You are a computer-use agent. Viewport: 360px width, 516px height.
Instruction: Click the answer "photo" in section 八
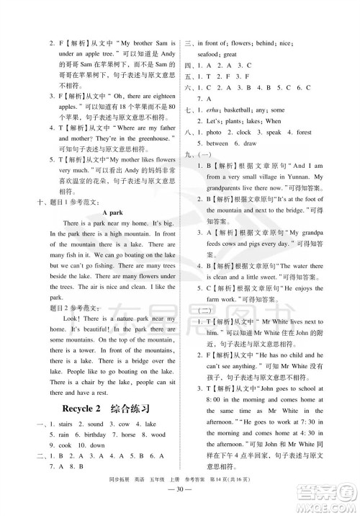(214, 133)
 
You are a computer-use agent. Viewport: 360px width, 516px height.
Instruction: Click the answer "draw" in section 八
(250, 143)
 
